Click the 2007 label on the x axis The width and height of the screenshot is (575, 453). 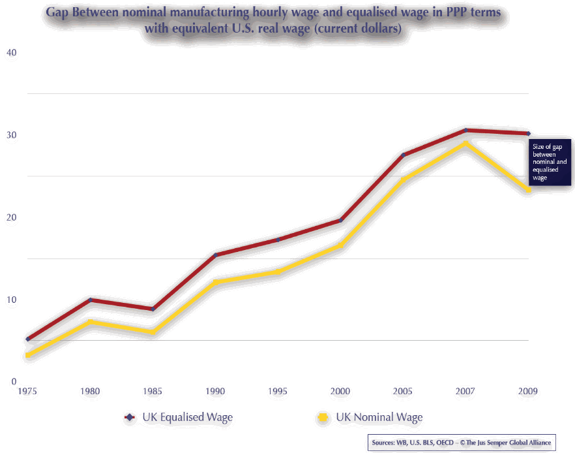coord(465,392)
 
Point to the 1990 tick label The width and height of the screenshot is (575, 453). coord(215,392)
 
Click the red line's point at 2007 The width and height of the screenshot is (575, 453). coord(465,131)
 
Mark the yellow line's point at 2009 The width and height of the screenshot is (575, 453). coord(527,190)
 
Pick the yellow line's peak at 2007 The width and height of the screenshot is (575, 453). coord(465,143)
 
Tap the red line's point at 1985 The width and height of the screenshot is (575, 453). coord(153,309)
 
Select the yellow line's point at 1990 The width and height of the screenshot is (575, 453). coord(215,282)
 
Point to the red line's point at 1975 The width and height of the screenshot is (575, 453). coord(27,339)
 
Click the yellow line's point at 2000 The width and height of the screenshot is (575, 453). coord(340,245)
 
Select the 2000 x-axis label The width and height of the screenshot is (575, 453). coord(340,392)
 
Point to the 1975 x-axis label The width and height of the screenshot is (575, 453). coord(27,392)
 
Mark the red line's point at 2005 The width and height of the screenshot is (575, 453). coord(403,155)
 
